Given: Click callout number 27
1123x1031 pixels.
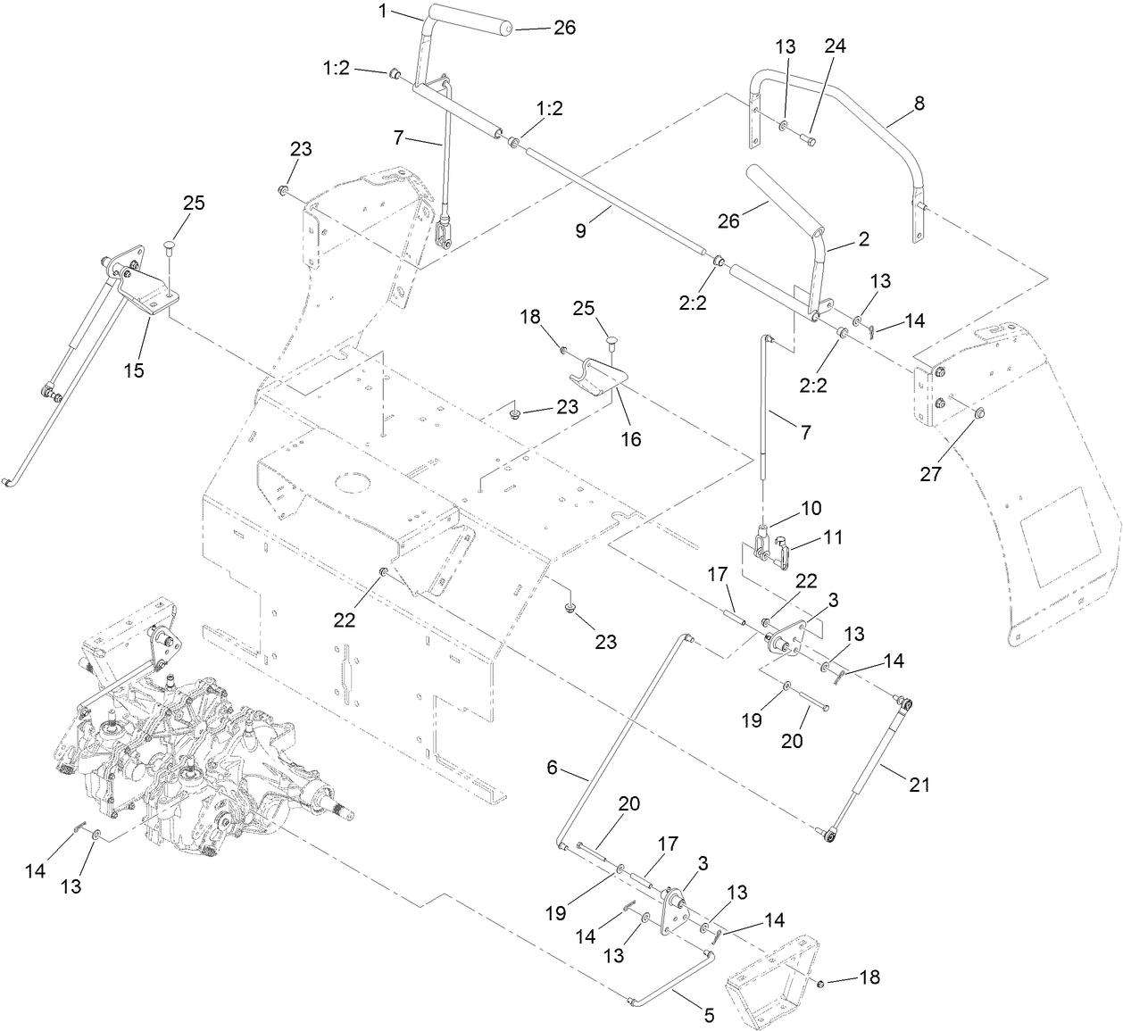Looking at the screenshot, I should point(930,474).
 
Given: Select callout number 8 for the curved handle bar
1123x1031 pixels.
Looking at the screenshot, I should point(919,104).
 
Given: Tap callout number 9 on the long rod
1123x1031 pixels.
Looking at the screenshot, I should point(581,231).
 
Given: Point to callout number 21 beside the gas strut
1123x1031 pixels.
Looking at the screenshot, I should point(919,785).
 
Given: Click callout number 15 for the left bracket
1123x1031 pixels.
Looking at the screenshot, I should point(134,370).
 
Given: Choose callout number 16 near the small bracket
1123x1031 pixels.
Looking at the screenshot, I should point(632,438).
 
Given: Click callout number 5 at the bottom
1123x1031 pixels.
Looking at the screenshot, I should point(710,1015).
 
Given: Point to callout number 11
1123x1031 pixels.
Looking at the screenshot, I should point(832,537).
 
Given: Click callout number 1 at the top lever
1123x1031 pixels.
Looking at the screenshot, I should point(383,13).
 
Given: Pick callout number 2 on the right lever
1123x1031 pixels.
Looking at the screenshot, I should point(862,239).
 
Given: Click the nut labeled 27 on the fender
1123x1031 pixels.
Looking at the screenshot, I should point(979,412).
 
